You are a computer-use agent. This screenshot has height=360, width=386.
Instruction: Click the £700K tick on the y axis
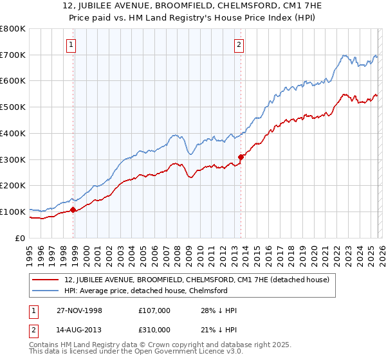pos(13,55)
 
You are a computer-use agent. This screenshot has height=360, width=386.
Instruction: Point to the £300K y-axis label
pos(13,159)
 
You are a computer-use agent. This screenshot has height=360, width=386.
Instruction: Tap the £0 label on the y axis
pos(21,238)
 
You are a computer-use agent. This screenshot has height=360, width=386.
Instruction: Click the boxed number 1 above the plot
pos(70,44)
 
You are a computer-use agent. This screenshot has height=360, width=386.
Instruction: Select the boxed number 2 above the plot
pos(239,44)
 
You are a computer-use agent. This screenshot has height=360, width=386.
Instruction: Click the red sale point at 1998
pos(73,210)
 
